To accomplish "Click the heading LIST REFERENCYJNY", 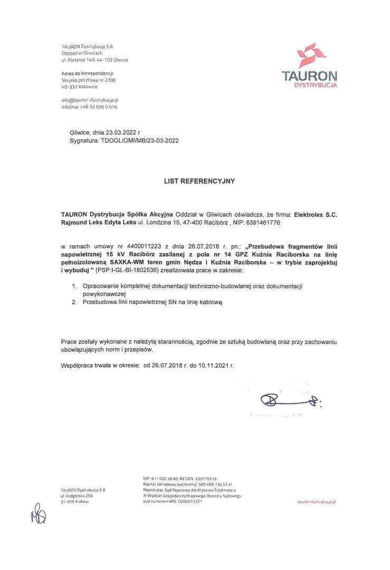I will pos(199,180).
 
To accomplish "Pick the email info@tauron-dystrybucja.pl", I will pos(90,100).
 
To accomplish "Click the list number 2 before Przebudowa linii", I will pos(74,302).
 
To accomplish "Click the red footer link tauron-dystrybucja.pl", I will pos(317,501).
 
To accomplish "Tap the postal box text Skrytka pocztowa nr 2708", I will pos(88,80).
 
